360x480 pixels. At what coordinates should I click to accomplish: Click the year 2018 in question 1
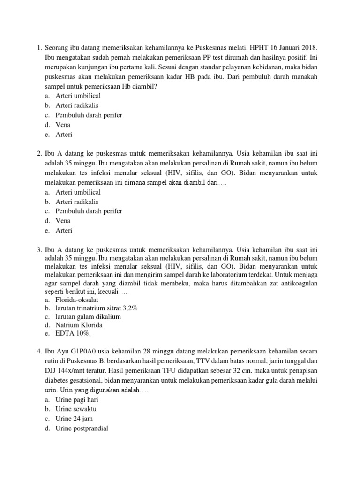pos(309,48)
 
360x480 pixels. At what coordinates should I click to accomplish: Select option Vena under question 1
pos(63,125)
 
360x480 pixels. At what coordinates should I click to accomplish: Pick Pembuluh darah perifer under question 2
pos(89,211)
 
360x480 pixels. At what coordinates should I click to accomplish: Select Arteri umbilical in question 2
pos(78,192)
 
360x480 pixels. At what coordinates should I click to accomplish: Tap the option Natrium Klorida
pos(79,325)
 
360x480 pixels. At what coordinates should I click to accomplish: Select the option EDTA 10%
pos(73,334)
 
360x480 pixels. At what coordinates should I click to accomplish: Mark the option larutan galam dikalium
pos(88,316)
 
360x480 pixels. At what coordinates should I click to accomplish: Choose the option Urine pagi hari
pos(77,400)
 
